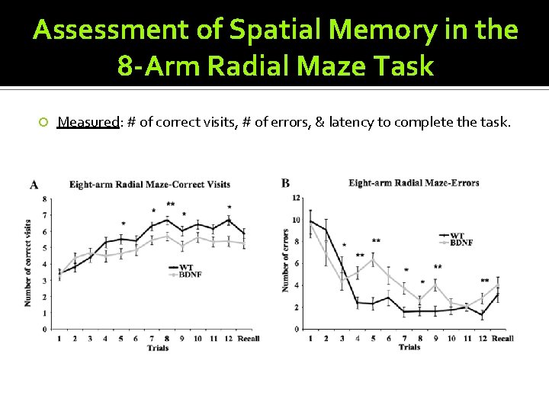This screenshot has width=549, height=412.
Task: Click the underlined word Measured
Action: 88,122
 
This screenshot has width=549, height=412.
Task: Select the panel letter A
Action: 34,184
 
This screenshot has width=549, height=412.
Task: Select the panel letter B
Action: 285,182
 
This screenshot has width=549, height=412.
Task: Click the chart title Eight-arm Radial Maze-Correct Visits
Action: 149,185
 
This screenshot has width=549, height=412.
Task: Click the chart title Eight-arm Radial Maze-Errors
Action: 413,183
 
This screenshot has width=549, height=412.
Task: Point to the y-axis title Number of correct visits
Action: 27,263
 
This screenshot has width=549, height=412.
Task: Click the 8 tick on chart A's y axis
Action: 44,199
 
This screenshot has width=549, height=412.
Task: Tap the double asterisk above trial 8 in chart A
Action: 171,205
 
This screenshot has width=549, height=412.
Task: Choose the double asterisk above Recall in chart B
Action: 485,282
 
